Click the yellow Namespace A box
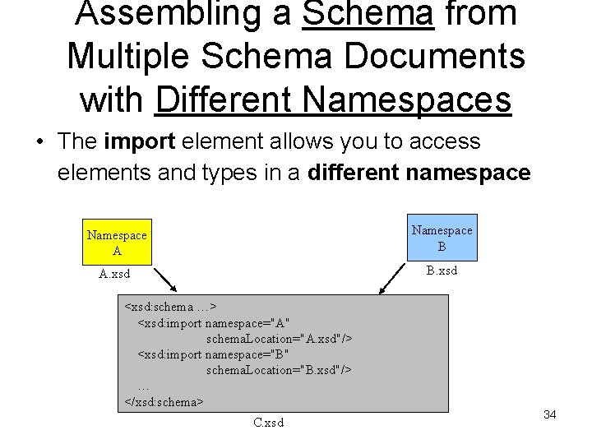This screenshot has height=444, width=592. [117, 243]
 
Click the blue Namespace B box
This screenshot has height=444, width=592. [442, 238]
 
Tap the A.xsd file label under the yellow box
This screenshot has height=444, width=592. [114, 274]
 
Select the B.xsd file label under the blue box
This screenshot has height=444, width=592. [442, 271]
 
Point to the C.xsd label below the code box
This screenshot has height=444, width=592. [269, 423]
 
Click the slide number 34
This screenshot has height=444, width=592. [550, 414]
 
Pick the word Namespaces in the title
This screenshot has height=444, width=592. [407, 100]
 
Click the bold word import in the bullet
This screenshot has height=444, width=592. [140, 141]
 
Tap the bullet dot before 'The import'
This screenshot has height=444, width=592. [39, 142]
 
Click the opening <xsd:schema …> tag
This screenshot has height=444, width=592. [170, 308]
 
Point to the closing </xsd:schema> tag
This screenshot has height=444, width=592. [164, 402]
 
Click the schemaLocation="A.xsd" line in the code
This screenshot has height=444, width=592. [279, 339]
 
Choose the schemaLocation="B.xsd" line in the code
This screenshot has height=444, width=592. [279, 370]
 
